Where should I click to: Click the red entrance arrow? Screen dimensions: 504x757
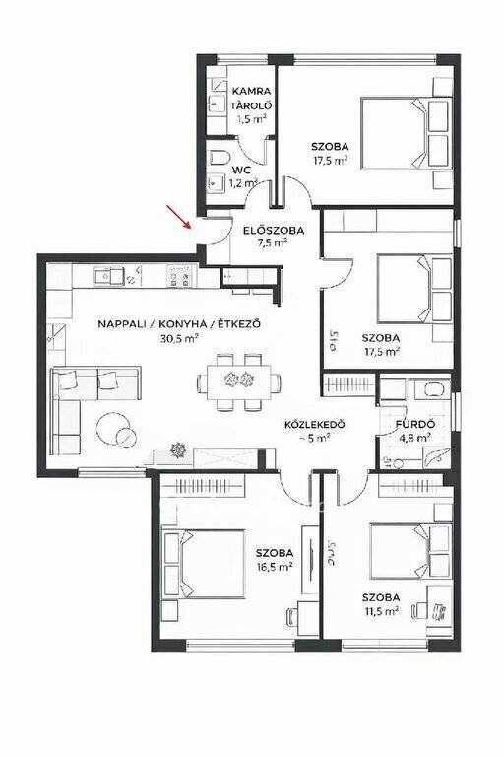(178, 216)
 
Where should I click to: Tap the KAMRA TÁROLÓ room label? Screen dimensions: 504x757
(251, 98)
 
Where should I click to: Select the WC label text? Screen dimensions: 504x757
(240, 170)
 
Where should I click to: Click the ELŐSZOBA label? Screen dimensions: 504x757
(274, 231)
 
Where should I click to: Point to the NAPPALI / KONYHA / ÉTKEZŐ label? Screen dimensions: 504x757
(179, 324)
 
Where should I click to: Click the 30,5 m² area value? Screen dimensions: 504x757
(179, 338)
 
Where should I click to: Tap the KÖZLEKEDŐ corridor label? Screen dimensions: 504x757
(314, 425)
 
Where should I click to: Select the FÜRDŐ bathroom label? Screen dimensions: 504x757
(415, 425)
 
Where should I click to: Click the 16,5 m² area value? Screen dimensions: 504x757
(275, 567)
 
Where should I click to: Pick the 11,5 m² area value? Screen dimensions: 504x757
(381, 611)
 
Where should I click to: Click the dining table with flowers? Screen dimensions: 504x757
(239, 380)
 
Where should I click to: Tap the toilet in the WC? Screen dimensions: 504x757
(218, 158)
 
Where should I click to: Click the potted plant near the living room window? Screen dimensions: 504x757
(178, 449)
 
